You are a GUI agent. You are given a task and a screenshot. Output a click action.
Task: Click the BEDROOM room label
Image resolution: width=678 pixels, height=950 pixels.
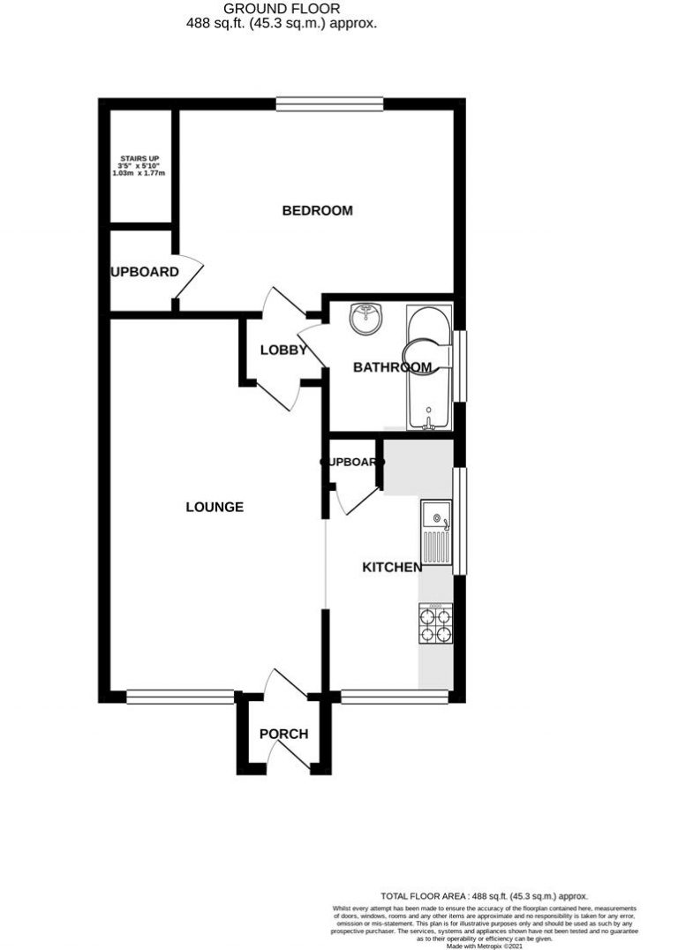317,210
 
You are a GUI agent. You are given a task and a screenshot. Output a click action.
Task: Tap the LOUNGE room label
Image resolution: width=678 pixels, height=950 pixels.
215,507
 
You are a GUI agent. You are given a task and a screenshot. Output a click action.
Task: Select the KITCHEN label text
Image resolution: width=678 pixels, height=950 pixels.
392,567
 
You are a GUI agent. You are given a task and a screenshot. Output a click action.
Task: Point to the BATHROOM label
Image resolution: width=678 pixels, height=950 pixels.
392,367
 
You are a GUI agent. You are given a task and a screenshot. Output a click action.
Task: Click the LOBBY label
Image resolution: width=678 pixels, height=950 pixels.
283,350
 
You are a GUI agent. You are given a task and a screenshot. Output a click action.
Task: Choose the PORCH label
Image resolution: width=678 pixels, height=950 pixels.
283,734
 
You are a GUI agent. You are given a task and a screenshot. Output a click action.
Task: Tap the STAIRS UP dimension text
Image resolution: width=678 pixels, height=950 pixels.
139,167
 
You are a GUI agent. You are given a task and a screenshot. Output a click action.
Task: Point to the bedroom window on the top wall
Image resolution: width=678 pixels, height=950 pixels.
329,104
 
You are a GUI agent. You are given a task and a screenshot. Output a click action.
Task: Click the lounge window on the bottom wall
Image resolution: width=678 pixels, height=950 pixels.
180,697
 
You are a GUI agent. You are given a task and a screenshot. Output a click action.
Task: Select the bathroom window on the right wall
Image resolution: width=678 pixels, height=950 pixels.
459,366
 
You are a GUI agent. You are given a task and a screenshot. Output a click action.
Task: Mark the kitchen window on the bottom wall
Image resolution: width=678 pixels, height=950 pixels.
394,697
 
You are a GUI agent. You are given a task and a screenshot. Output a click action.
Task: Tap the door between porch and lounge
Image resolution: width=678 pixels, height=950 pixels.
284,685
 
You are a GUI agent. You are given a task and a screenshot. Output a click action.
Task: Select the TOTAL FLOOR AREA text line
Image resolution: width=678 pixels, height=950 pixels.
484,895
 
